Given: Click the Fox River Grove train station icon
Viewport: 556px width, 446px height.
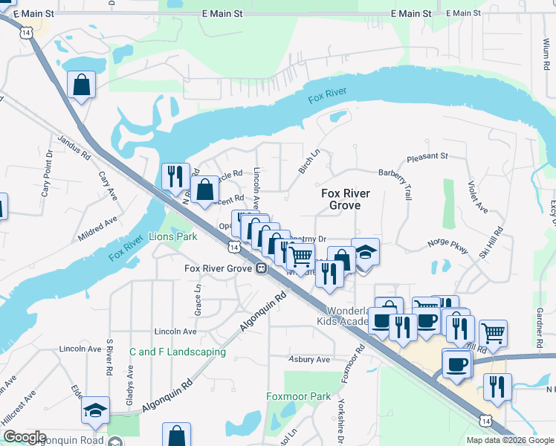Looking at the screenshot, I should [x=261, y=269].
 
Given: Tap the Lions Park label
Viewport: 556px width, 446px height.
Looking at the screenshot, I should [x=172, y=236].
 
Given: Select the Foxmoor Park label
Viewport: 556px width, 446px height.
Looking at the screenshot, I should [x=299, y=397].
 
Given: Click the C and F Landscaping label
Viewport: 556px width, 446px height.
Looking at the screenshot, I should [x=177, y=352].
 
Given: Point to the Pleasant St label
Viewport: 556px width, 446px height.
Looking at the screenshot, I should [x=427, y=157].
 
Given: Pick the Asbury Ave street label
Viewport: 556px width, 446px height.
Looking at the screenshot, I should [x=309, y=359].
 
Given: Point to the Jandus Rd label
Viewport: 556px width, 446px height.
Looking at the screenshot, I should [x=74, y=147].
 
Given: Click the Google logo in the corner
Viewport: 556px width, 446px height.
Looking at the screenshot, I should [x=24, y=437].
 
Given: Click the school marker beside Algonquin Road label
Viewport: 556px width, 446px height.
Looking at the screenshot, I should [x=96, y=410].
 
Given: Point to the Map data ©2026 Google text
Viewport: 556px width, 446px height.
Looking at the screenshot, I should [x=509, y=440].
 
